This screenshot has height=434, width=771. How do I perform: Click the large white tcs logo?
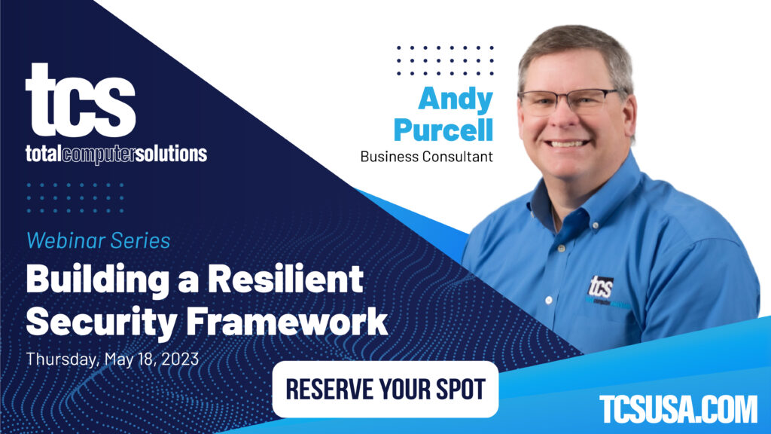[x=81, y=100]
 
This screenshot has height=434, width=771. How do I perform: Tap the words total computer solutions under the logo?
[x=116, y=154]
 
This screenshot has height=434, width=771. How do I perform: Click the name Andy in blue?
[x=456, y=99]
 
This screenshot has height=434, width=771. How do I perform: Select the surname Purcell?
[x=443, y=129]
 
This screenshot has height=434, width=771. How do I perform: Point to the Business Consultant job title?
[x=426, y=157]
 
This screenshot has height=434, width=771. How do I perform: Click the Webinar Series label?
[x=98, y=241]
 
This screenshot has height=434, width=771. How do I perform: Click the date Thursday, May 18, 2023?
[x=112, y=359]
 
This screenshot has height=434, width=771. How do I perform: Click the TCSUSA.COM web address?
[x=678, y=409]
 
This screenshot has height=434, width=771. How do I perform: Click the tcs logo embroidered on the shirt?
[x=602, y=286]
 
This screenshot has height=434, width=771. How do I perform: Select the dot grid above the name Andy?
[x=445, y=61]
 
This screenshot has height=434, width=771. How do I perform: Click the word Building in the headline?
[x=97, y=281]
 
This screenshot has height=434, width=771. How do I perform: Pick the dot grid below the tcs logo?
[x=75, y=197]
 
